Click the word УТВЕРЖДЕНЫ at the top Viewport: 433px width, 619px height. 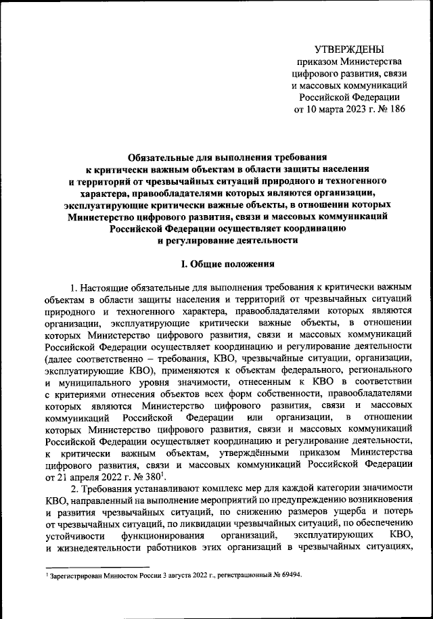point(349,49)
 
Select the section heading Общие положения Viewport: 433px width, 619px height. point(221,265)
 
